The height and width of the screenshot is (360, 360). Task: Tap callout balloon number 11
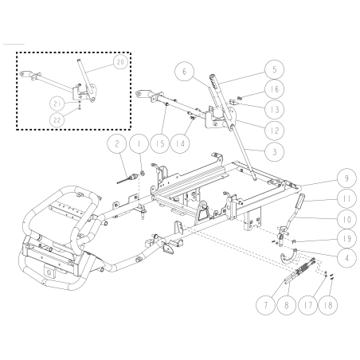[x=326, y=196]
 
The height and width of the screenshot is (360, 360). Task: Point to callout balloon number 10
[x=326, y=216]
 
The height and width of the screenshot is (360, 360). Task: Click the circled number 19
[x=326, y=237]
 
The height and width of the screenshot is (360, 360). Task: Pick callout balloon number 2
[x=117, y=144]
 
